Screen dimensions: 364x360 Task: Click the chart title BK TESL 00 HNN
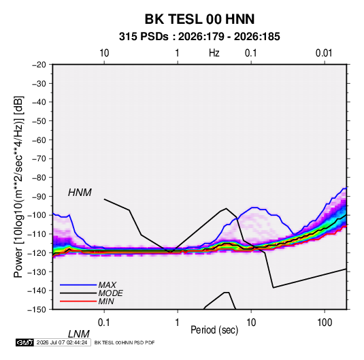pyautogui.click(x=199, y=19)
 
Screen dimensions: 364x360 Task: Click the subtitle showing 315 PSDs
pyautogui.click(x=199, y=37)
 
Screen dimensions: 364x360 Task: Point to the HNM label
pyautogui.click(x=80, y=193)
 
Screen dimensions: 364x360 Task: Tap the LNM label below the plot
pyautogui.click(x=79, y=334)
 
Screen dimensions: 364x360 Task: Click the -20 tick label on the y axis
pyautogui.click(x=39, y=65)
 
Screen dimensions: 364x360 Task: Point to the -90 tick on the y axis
pyautogui.click(x=39, y=197)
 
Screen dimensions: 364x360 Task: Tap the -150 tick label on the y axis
pyautogui.click(x=37, y=310)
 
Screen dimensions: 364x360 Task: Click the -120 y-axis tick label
pyautogui.click(x=37, y=253)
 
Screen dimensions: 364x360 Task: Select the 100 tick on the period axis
pyautogui.click(x=325, y=323)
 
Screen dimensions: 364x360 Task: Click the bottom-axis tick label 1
pyautogui.click(x=178, y=323)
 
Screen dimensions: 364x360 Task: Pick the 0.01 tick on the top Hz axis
pyautogui.click(x=324, y=53)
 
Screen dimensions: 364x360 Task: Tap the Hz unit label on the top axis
pyautogui.click(x=214, y=53)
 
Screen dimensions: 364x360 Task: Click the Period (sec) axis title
pyautogui.click(x=214, y=330)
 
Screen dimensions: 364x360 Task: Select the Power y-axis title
pyautogui.click(x=19, y=187)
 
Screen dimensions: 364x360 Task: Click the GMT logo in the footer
pyautogui.click(x=25, y=342)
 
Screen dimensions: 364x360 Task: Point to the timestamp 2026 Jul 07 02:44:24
pyautogui.click(x=62, y=342)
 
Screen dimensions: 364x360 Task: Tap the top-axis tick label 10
pyautogui.click(x=104, y=53)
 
